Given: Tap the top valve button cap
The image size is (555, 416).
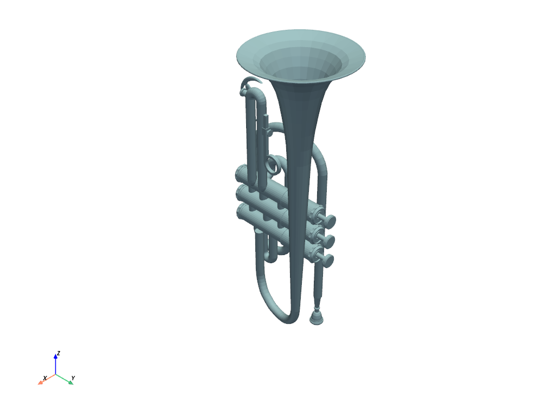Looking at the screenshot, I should (x=329, y=220).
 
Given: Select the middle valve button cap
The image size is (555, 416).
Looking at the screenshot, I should (x=327, y=240).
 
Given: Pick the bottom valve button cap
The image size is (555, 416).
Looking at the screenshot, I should (x=327, y=260).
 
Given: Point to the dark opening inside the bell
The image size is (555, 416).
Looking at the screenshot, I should (x=301, y=73).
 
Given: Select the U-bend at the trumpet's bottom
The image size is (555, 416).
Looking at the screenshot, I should (x=285, y=316).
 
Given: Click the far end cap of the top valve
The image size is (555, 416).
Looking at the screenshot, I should (x=240, y=174).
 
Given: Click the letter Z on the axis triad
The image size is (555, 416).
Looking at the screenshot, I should (x=59, y=353).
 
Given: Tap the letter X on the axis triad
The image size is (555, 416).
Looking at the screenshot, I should (x=45, y=378).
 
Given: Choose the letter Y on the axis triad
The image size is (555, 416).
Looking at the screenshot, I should (x=73, y=378).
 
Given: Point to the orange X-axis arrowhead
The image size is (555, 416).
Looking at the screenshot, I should (x=40, y=382).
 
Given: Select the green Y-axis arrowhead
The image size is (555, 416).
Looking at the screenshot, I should (x=70, y=382).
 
